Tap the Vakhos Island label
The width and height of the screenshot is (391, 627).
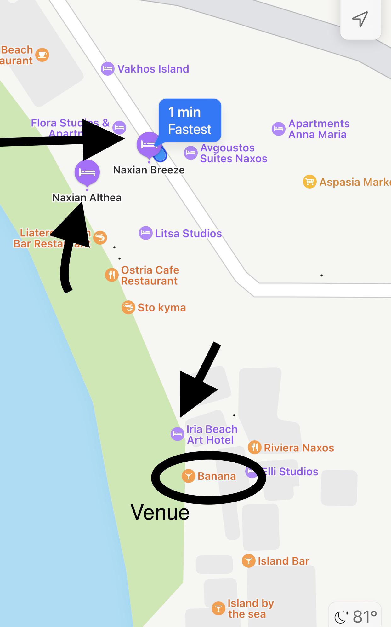[x=153, y=69]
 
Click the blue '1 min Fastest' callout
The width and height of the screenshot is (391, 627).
[x=190, y=120]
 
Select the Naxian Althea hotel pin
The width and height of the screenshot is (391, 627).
[x=87, y=172]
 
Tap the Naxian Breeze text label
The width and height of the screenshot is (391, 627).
[x=149, y=170]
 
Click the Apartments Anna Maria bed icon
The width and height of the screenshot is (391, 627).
[x=279, y=129]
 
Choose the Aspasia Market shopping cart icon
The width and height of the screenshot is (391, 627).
[x=309, y=182]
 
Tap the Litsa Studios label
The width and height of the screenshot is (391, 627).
[x=188, y=233]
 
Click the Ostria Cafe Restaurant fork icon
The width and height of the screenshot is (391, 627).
[x=111, y=275]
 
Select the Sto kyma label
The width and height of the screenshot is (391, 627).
[x=161, y=307]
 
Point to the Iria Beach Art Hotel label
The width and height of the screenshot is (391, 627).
[x=212, y=434]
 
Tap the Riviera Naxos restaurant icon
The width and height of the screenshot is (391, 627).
[x=255, y=447]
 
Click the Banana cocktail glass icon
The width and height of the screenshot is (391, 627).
[x=189, y=476]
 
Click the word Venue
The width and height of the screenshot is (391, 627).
[x=160, y=512]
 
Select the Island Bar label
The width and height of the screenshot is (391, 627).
[x=283, y=561]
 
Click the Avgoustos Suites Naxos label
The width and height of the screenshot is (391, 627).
[x=233, y=153]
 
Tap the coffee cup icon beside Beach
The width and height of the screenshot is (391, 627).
[x=42, y=55]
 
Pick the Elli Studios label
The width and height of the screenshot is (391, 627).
[x=290, y=472]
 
